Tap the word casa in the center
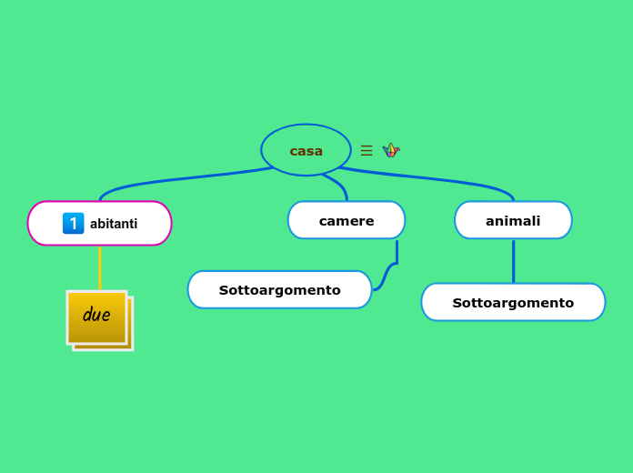tap(306, 151)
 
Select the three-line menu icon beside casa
tap(367, 151)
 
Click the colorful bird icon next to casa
tap(391, 150)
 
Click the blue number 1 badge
tap(73, 224)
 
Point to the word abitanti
tap(114, 224)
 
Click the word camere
tap(347, 221)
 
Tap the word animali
tap(513, 221)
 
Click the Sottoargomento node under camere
tap(279, 290)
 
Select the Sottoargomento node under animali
tap(513, 303)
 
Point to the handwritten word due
tap(96, 315)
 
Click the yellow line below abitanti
tap(100, 268)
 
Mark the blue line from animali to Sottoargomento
tap(513, 261)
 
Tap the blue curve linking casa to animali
tap(437, 179)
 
